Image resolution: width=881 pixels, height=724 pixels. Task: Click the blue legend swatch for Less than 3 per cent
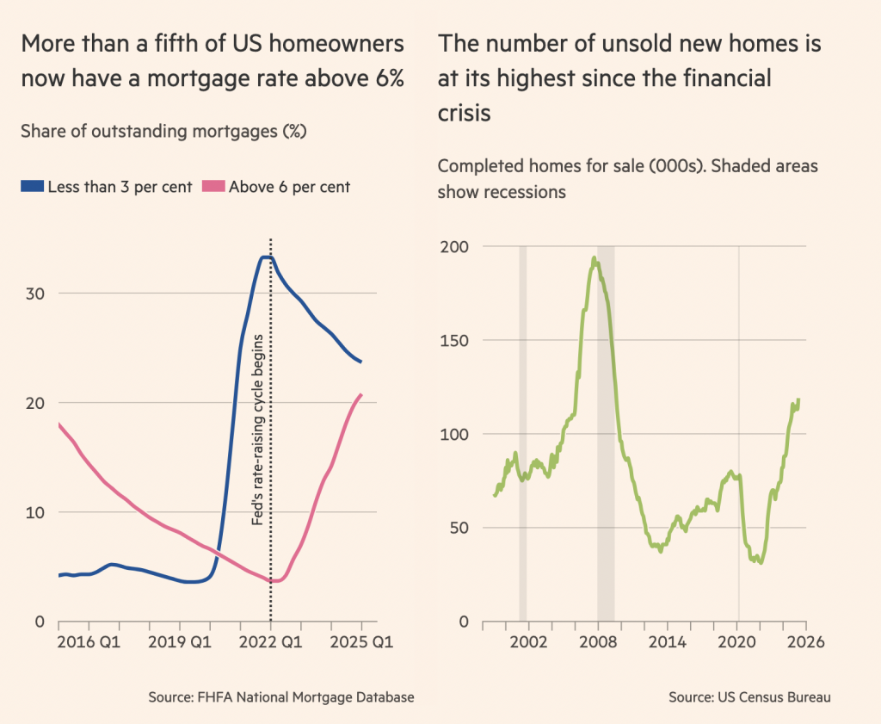(32, 187)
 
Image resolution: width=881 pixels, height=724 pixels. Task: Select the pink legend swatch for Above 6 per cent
(213, 187)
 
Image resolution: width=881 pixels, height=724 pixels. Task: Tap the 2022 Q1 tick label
(270, 641)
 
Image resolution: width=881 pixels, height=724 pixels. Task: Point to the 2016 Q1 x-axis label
(89, 641)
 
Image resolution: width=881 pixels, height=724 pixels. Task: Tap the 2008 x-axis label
(596, 641)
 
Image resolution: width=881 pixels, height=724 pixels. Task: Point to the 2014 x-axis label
(667, 641)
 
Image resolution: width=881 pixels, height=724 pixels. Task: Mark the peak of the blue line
(267, 257)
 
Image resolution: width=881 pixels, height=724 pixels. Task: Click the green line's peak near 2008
(594, 257)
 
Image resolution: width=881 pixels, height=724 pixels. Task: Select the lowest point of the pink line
(274, 581)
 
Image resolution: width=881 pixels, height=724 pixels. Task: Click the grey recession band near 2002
(522, 430)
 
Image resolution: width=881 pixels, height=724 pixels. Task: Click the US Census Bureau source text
(749, 697)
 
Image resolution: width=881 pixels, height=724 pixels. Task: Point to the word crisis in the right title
(465, 113)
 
